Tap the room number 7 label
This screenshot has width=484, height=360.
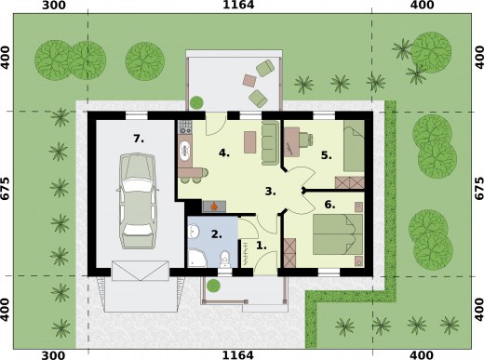pos(139,139)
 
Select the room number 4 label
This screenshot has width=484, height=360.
pos(223,153)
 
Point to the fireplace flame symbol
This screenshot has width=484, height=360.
pos(214,206)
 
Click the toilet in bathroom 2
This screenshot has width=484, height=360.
pos(224,260)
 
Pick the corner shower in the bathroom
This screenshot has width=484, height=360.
pos(196,258)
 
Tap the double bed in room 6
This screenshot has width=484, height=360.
pos(338,234)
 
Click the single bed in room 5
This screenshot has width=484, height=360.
pos(354,146)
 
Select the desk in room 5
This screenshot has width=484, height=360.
pos(292,141)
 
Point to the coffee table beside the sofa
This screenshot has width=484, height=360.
pos(250,142)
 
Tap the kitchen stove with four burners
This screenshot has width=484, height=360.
pos(185,127)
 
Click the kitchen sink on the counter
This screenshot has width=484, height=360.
pos(185,152)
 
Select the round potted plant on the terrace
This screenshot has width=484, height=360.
pos(196,102)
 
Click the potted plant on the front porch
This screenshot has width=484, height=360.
pos(213,286)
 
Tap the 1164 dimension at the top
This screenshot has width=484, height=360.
pos(238,5)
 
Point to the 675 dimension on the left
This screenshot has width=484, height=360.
pos(6,188)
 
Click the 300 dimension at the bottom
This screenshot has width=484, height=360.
pos(53,355)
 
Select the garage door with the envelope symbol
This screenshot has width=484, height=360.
pos(141,271)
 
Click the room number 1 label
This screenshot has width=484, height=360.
pos(262,246)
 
